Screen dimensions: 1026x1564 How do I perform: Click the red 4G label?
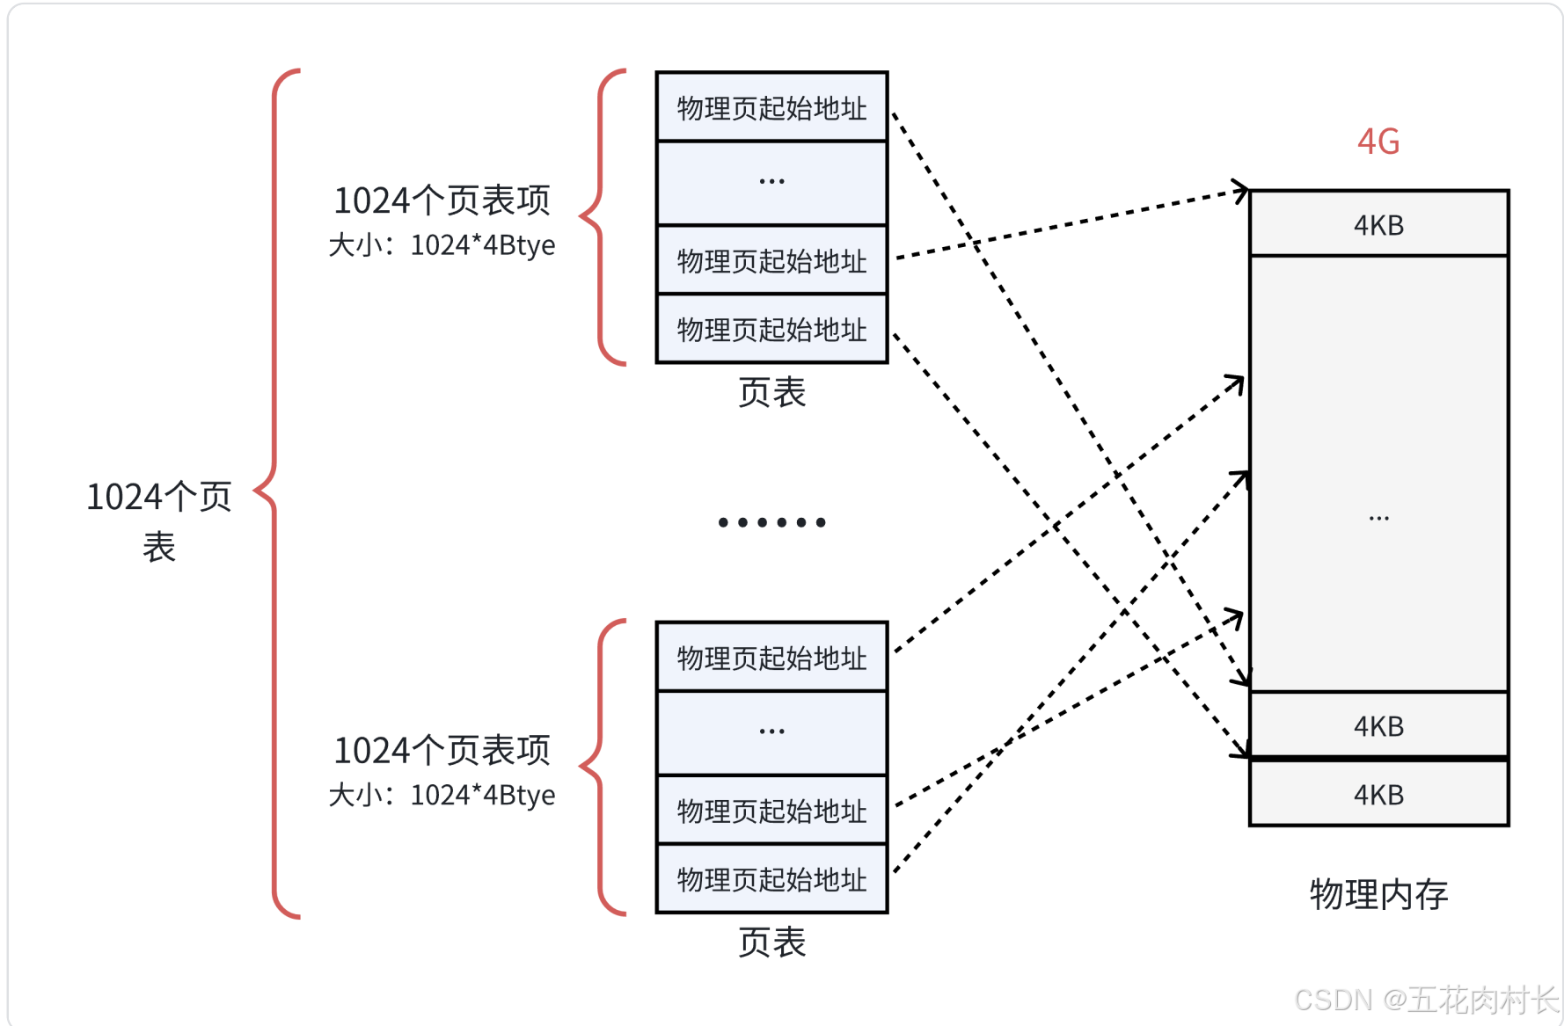coord(1378,142)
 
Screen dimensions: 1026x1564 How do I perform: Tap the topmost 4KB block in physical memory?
coord(1378,224)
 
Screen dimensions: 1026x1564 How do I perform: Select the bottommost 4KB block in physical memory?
coord(1378,794)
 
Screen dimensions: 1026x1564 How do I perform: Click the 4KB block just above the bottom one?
coord(1378,725)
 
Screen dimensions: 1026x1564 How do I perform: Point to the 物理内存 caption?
coord(1378,894)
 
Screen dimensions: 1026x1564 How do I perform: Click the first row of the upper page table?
coord(771,107)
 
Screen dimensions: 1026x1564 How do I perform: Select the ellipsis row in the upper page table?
coord(771,182)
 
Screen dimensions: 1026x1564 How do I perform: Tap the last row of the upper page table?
coord(771,329)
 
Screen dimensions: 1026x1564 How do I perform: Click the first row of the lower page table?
coord(771,658)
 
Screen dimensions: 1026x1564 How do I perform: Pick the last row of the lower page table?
coord(771,879)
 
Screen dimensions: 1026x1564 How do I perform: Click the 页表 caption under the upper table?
coord(771,392)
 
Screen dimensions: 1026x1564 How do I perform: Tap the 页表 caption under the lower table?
coord(771,942)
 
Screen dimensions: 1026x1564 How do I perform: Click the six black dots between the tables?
coord(771,522)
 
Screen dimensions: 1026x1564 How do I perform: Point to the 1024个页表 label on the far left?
coord(158,520)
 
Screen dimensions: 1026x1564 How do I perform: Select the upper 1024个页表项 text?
coord(442,200)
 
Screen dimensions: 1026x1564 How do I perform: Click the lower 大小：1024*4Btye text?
coord(442,795)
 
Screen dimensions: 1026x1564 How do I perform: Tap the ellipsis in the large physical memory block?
coord(1378,519)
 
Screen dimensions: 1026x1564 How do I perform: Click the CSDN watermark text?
coord(1425,1000)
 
